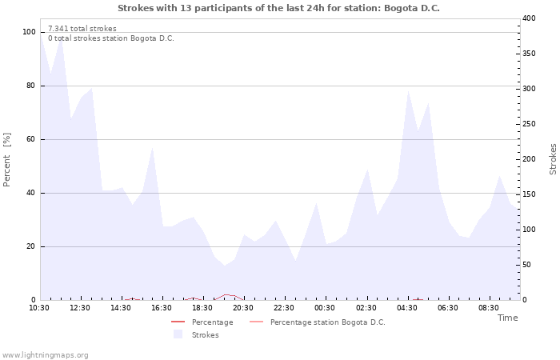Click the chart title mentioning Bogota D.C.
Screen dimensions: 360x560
tap(278, 8)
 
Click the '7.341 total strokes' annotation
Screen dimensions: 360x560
tap(82, 29)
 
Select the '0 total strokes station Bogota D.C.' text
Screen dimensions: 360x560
tap(111, 38)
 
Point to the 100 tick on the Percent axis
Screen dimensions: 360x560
tap(30, 32)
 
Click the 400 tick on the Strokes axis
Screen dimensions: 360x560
tap(529, 18)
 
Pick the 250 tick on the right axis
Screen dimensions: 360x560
tap(529, 124)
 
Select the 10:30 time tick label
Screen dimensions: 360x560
tap(39, 308)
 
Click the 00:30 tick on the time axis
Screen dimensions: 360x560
tap(325, 308)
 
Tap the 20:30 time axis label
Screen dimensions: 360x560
tap(243, 308)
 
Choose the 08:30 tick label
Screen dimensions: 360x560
tap(489, 308)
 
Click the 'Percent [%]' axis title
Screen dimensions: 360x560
tap(7, 160)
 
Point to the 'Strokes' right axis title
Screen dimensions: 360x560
tap(553, 159)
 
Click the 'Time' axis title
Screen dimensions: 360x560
tap(507, 318)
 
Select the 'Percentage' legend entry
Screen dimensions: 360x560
tap(212, 322)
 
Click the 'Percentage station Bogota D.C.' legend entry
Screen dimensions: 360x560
tap(327, 322)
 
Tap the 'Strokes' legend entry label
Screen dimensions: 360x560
tap(205, 335)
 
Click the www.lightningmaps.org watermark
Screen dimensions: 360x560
tap(45, 355)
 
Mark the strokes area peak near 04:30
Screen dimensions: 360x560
tap(408, 90)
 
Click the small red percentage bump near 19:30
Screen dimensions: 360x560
tap(226, 295)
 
